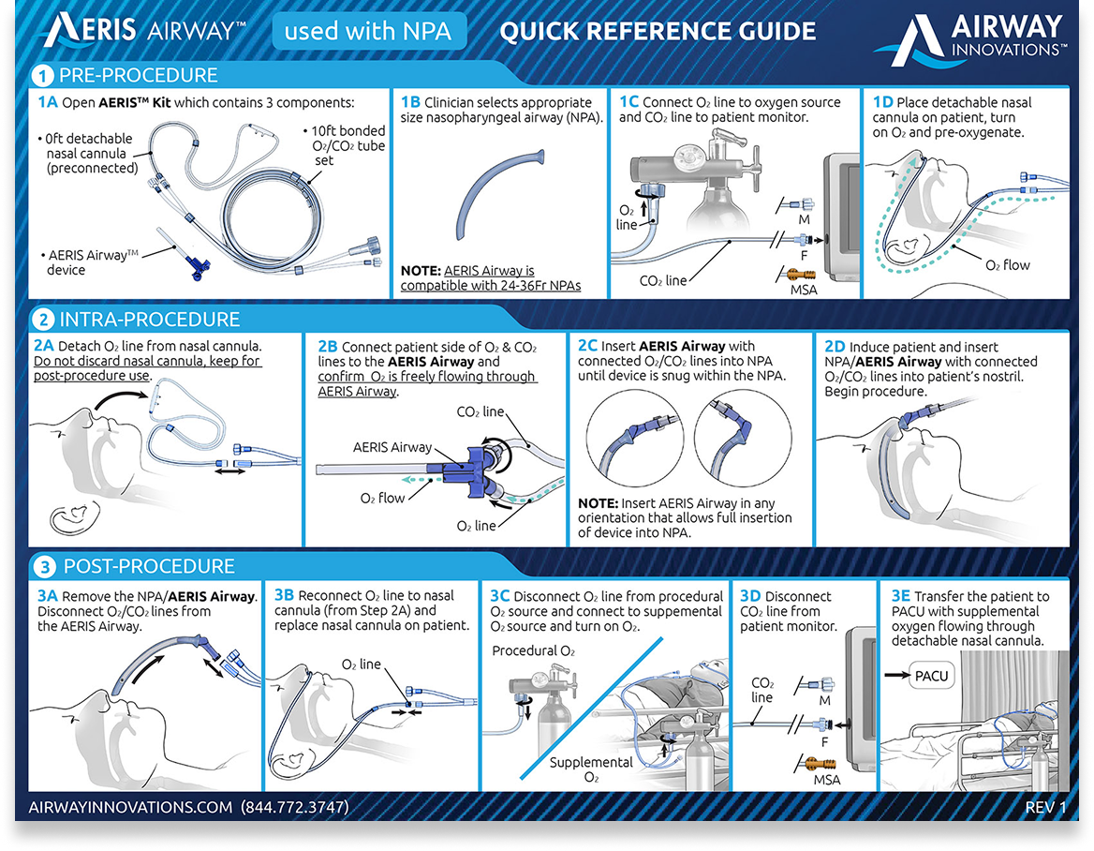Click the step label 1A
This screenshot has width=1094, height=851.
coord(48,102)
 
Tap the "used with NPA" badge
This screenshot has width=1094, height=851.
coord(368,32)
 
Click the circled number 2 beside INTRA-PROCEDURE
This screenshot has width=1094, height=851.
coord(43,320)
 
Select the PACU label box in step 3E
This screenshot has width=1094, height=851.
coord(931,676)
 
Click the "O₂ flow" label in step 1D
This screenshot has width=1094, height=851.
coord(1008,265)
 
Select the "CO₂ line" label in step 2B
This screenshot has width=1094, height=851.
coord(480,411)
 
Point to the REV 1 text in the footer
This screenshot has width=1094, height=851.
coord(1045,807)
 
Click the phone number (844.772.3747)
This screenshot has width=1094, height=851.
coord(294,807)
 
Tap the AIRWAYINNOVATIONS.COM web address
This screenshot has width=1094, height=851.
coord(130,807)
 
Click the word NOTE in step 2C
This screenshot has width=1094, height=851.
coord(598,503)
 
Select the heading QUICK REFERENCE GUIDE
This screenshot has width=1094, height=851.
coord(658,32)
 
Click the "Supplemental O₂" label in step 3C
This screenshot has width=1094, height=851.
coord(591,769)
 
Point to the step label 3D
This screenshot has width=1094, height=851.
coord(750,596)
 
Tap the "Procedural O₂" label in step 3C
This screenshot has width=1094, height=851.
coord(533,650)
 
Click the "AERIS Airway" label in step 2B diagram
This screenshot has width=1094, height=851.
coord(392,447)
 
